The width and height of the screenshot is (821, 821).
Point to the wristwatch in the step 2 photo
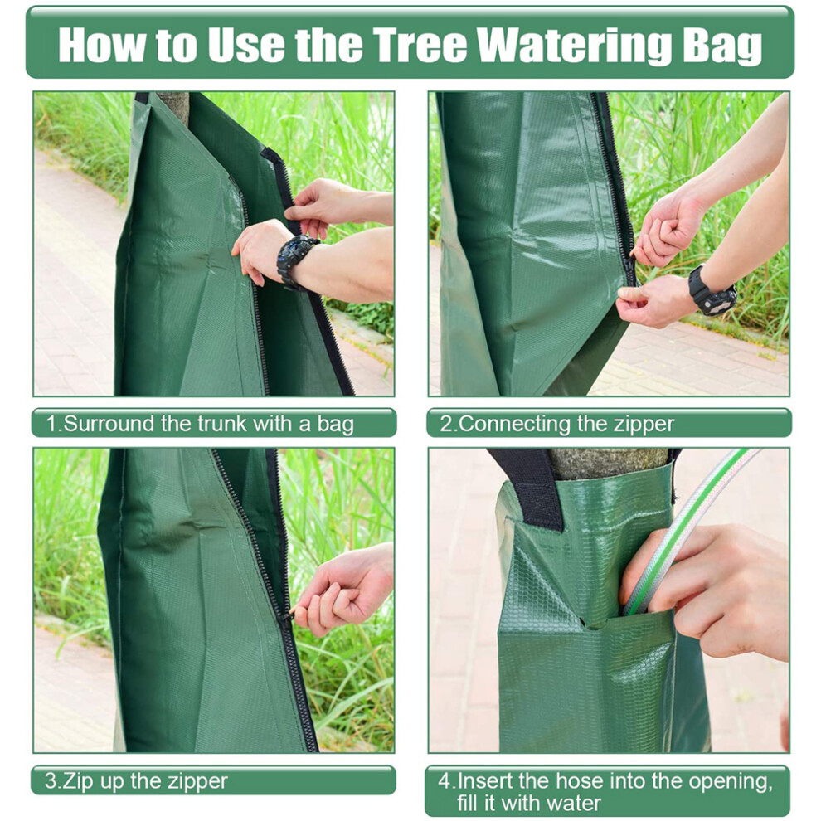point(712,291)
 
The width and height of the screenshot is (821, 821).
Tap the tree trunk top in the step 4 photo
point(607,463)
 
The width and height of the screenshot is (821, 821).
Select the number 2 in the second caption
point(445,424)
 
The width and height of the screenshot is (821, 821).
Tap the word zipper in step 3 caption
point(197,783)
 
